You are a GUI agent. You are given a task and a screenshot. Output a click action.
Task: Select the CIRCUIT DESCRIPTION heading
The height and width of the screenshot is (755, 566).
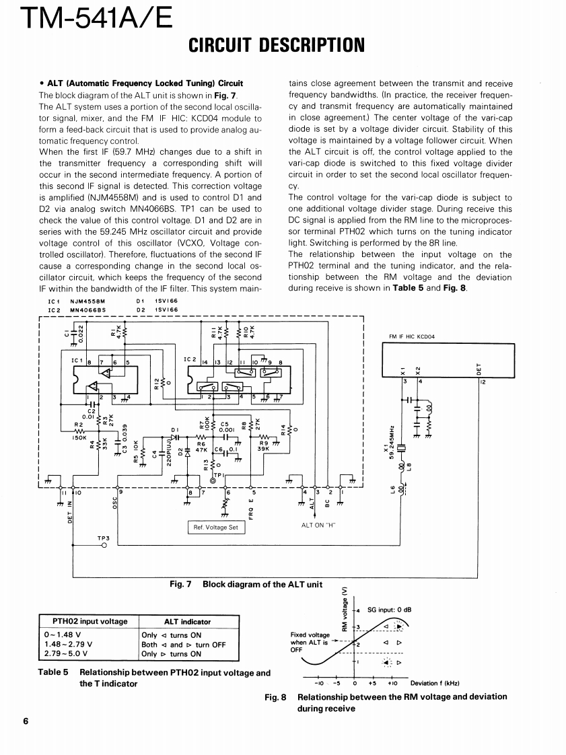point(276,46)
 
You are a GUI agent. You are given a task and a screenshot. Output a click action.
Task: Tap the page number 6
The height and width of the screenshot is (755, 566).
point(26,721)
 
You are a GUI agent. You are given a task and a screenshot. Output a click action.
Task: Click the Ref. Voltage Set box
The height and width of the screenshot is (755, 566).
point(215,528)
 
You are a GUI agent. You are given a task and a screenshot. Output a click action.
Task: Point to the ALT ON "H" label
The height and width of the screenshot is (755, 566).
point(318,525)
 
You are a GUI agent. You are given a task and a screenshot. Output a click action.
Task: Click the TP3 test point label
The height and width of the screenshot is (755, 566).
point(103,538)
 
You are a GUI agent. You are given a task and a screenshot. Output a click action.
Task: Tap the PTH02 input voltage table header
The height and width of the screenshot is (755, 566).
point(90,621)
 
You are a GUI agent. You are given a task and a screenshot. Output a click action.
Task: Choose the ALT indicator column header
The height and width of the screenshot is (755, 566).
point(187,622)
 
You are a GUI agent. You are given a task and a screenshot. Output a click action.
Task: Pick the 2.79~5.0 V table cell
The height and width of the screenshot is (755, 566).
point(66,653)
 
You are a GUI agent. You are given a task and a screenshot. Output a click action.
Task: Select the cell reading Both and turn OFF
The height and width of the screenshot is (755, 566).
point(183,644)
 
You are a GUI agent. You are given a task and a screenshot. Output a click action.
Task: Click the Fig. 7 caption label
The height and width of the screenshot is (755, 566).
point(181,584)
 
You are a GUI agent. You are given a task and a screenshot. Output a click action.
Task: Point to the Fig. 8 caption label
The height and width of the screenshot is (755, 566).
point(275,697)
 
